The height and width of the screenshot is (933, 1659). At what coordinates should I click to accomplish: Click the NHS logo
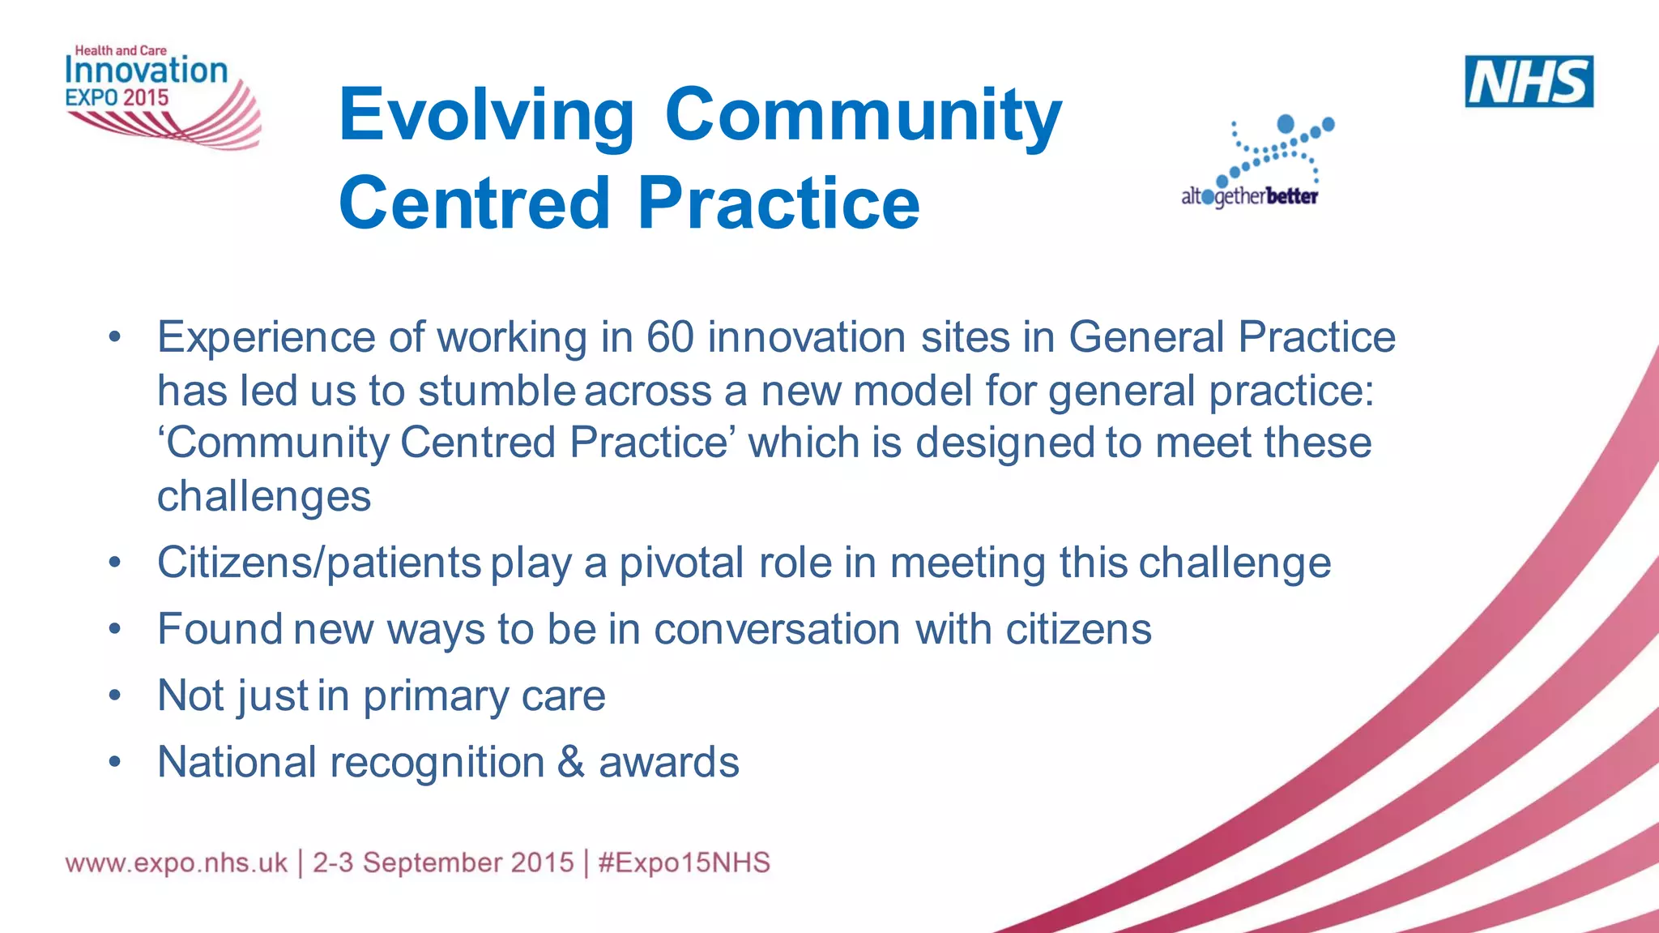[x=1529, y=81]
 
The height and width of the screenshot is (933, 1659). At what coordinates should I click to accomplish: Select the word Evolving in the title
[x=486, y=115]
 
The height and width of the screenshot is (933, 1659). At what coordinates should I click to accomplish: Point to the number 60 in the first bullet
[x=670, y=337]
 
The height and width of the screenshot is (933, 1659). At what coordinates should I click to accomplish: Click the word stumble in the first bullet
[x=497, y=391]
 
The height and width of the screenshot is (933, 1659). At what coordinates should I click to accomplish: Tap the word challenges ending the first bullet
[x=264, y=496]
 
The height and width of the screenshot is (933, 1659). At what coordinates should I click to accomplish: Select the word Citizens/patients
[x=319, y=563]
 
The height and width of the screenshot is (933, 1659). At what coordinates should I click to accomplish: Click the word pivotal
[x=681, y=563]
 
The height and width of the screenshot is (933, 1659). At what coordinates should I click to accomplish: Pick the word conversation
[x=777, y=629]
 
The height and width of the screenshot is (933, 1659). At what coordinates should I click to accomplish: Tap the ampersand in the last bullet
[x=571, y=762]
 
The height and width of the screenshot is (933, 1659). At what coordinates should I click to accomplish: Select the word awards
[x=669, y=762]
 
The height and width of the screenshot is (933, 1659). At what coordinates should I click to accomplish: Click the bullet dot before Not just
[x=115, y=695]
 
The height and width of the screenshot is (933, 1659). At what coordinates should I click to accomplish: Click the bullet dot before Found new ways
[x=115, y=629]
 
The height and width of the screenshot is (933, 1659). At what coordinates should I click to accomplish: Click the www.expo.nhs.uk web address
[x=176, y=862]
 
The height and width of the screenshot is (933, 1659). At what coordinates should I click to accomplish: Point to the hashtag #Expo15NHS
[x=684, y=862]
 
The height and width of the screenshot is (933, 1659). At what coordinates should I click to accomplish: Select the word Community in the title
[x=863, y=115]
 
